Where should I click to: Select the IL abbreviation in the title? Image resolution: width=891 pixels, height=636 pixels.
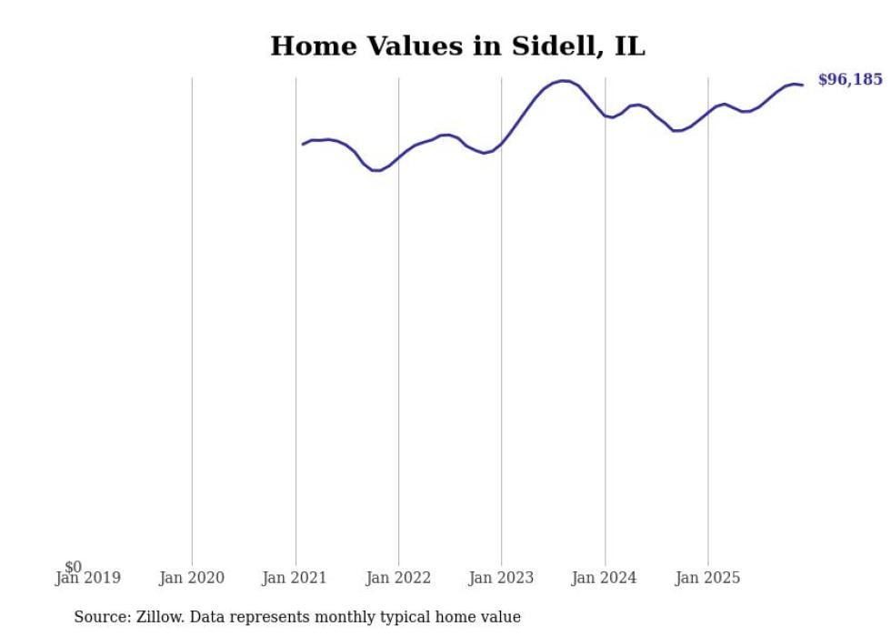point(629,46)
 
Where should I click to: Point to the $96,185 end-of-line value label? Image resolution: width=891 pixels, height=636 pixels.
point(850,80)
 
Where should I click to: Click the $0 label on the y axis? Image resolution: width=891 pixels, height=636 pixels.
point(73,567)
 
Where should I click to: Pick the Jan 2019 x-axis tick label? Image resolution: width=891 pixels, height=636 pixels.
point(87,578)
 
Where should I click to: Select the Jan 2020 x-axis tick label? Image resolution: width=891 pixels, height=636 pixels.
point(191,578)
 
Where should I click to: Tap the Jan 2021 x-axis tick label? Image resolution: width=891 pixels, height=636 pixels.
point(295,578)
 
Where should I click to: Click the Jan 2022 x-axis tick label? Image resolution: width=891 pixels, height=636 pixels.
point(398,578)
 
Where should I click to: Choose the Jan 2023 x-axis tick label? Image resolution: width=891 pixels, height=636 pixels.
point(501,578)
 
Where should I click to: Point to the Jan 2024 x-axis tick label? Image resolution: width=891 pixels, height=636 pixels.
point(605,578)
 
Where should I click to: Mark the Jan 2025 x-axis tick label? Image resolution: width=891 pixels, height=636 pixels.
point(708,578)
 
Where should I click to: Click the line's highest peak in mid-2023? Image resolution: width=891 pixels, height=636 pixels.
point(564,81)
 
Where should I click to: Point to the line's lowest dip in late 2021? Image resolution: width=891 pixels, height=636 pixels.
point(375,170)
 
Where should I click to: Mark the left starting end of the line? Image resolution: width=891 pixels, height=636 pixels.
point(304,144)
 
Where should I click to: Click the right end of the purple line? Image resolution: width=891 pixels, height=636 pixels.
point(802,85)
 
